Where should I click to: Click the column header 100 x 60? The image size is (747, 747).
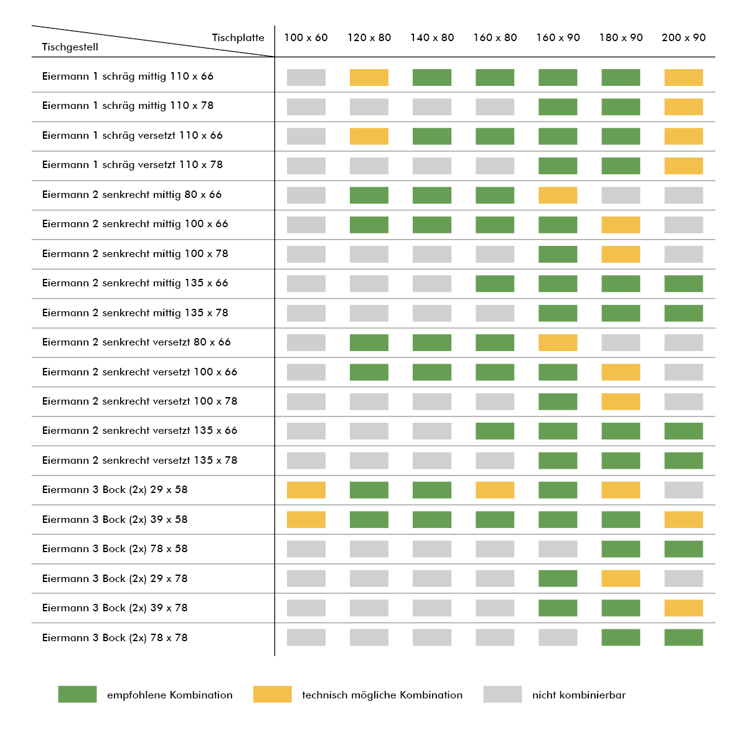pos(306,37)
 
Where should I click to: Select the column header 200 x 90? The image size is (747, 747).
pos(684,37)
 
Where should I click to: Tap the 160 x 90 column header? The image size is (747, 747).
pos(558,37)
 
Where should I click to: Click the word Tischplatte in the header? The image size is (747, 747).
pos(238,37)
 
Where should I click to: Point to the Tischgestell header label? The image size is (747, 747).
pos(70,47)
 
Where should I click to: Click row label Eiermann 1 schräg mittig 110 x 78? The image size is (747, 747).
pos(128,106)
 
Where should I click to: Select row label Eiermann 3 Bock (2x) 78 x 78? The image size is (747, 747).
pos(115,637)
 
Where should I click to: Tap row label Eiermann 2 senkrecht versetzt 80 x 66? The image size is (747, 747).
pos(136,342)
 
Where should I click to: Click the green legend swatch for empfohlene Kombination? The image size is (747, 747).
pos(77,694)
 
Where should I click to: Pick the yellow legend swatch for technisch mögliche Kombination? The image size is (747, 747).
pos(272,694)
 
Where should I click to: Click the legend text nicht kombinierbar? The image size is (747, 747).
pos(579,695)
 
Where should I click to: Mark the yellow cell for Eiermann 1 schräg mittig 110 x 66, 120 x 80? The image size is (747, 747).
pos(369,77)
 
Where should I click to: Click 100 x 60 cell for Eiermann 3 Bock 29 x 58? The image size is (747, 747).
pos(306,490)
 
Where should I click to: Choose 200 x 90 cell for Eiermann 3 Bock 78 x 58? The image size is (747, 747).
pos(684,549)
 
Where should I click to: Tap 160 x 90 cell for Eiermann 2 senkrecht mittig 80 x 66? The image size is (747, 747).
pos(558,195)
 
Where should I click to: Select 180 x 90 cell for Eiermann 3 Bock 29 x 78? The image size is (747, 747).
pos(621,578)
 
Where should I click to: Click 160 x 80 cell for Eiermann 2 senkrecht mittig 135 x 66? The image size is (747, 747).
pos(495,284)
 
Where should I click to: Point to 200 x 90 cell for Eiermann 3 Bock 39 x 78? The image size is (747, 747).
pos(684,608)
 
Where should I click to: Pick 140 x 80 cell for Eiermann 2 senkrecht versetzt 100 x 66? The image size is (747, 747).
pos(432,372)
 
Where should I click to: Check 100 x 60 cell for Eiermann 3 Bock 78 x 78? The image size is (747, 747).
pos(306,637)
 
